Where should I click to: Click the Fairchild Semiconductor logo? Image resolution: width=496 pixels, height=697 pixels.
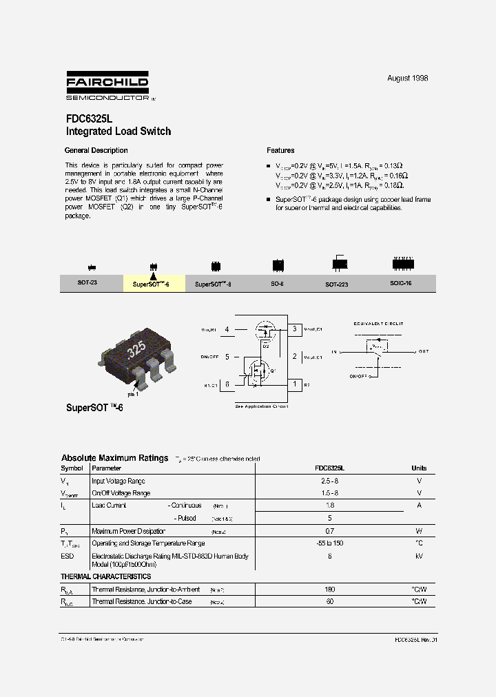pos(107,86)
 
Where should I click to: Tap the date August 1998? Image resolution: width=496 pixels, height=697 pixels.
pos(407,79)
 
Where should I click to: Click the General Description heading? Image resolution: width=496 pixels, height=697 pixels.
pos(96,150)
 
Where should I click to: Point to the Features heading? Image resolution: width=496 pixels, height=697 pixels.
pos(280,150)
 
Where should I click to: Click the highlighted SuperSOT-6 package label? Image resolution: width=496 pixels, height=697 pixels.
pos(154,284)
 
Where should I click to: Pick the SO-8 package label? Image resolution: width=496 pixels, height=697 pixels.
pos(278,284)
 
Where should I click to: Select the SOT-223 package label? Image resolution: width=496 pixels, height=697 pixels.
pos(337,284)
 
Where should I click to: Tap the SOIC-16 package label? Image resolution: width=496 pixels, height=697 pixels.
pos(401,283)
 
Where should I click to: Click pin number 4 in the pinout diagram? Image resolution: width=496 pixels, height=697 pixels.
pos(227,330)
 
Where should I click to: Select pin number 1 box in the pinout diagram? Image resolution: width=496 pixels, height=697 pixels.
pos(295,384)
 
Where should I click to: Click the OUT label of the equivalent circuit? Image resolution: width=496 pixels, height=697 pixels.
pos(423,351)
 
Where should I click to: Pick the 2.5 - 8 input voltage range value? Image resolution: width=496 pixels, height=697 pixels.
pos(330,481)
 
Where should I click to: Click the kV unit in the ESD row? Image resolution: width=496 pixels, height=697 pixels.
pos(419,556)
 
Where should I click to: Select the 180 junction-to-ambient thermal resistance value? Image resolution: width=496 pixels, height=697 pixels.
pos(329,590)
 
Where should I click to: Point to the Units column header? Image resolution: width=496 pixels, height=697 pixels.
pos(419,468)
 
